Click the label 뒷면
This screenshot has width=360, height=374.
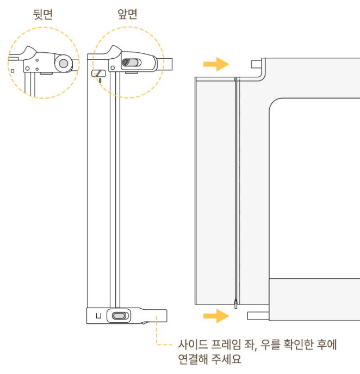click(x=43, y=14)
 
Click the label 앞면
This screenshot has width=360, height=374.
click(x=127, y=14)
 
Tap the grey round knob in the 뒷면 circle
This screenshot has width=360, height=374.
click(x=64, y=64)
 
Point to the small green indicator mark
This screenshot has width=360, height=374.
click(x=100, y=81)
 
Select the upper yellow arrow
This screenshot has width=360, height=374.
click(x=216, y=65)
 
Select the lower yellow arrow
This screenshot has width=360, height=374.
click(x=216, y=315)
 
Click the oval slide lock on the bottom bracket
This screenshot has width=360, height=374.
click(x=119, y=316)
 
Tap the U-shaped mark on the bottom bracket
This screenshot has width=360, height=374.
click(x=98, y=316)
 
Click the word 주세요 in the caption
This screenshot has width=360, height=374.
click(x=228, y=360)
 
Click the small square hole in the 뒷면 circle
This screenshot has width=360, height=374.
click(x=12, y=71)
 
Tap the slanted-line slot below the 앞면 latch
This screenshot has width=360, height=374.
click(x=99, y=72)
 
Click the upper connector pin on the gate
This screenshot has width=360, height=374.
click(x=256, y=63)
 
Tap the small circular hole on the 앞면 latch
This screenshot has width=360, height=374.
click(x=114, y=68)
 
